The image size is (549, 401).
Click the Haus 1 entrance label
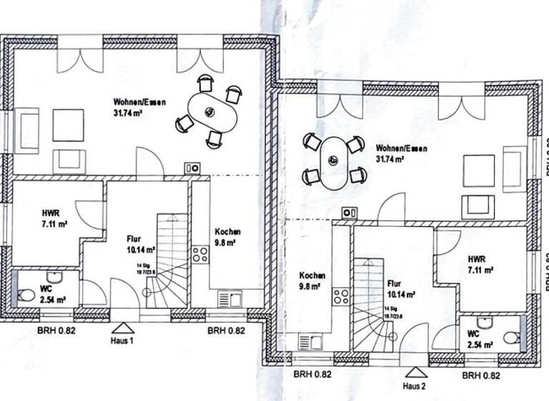point(122,342)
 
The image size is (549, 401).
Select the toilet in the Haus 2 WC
point(510,338)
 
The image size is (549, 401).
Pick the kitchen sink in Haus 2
point(309,342)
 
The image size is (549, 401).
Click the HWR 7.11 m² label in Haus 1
point(54,218)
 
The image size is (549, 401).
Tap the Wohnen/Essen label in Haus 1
point(139,107)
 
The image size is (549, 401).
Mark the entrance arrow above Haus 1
point(122,329)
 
